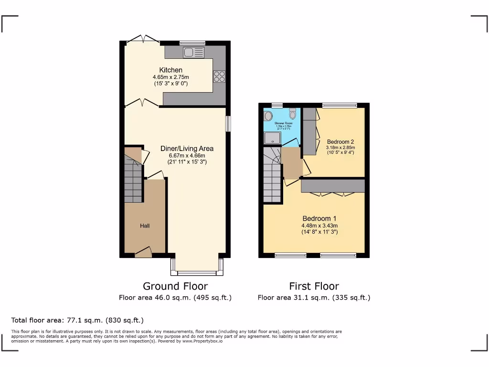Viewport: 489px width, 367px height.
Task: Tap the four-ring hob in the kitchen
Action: [219, 76]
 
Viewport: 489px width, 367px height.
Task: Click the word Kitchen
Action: [170, 70]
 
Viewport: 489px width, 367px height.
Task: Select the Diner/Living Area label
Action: [187, 149]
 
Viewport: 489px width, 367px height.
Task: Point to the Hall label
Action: [145, 226]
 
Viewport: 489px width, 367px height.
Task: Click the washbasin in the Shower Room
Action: [268, 116]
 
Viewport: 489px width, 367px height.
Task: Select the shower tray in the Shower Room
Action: [273, 138]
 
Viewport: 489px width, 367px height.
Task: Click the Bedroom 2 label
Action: [340, 141]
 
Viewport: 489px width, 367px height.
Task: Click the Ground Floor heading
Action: [175, 286]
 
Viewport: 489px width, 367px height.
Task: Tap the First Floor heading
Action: [314, 286]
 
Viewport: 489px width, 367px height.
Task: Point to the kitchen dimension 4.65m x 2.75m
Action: [170, 77]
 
